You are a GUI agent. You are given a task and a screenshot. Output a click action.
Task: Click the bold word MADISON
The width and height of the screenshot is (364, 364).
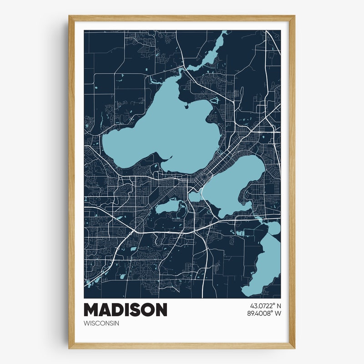[x=125, y=310]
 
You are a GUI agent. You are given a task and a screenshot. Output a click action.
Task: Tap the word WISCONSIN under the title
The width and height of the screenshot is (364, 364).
[x=101, y=324]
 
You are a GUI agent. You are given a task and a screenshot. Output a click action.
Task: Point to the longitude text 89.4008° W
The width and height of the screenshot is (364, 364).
[x=264, y=313]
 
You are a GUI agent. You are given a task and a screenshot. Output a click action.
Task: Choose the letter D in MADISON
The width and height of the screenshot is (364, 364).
[x=116, y=310]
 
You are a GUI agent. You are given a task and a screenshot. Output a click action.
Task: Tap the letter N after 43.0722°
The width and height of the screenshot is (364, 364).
[x=279, y=306]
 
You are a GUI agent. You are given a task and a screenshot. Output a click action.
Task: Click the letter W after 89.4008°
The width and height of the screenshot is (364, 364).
[x=278, y=313]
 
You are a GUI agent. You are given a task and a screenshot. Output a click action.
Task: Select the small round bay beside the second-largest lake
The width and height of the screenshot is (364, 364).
[x=194, y=197]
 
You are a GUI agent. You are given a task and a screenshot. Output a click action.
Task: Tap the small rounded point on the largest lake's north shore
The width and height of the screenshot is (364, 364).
[x=187, y=106]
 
